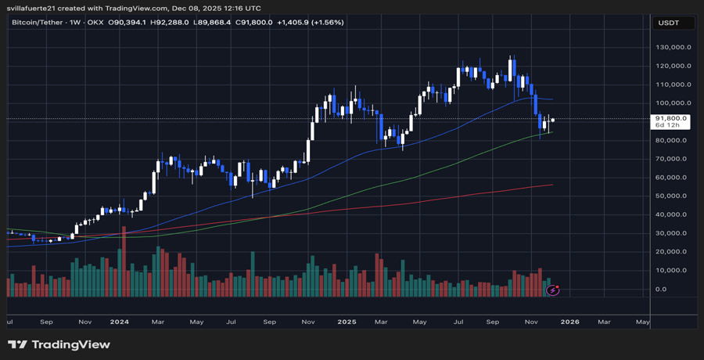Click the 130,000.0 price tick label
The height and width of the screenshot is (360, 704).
click(672, 47)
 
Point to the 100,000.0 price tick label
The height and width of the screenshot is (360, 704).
click(672, 103)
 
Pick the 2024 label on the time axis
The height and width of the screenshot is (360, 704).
click(120, 321)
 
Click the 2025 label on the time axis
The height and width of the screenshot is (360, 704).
click(344, 321)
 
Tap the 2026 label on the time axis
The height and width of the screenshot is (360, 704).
click(569, 321)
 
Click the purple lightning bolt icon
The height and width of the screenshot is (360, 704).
click(554, 290)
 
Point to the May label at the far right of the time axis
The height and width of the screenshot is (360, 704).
click(642, 321)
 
